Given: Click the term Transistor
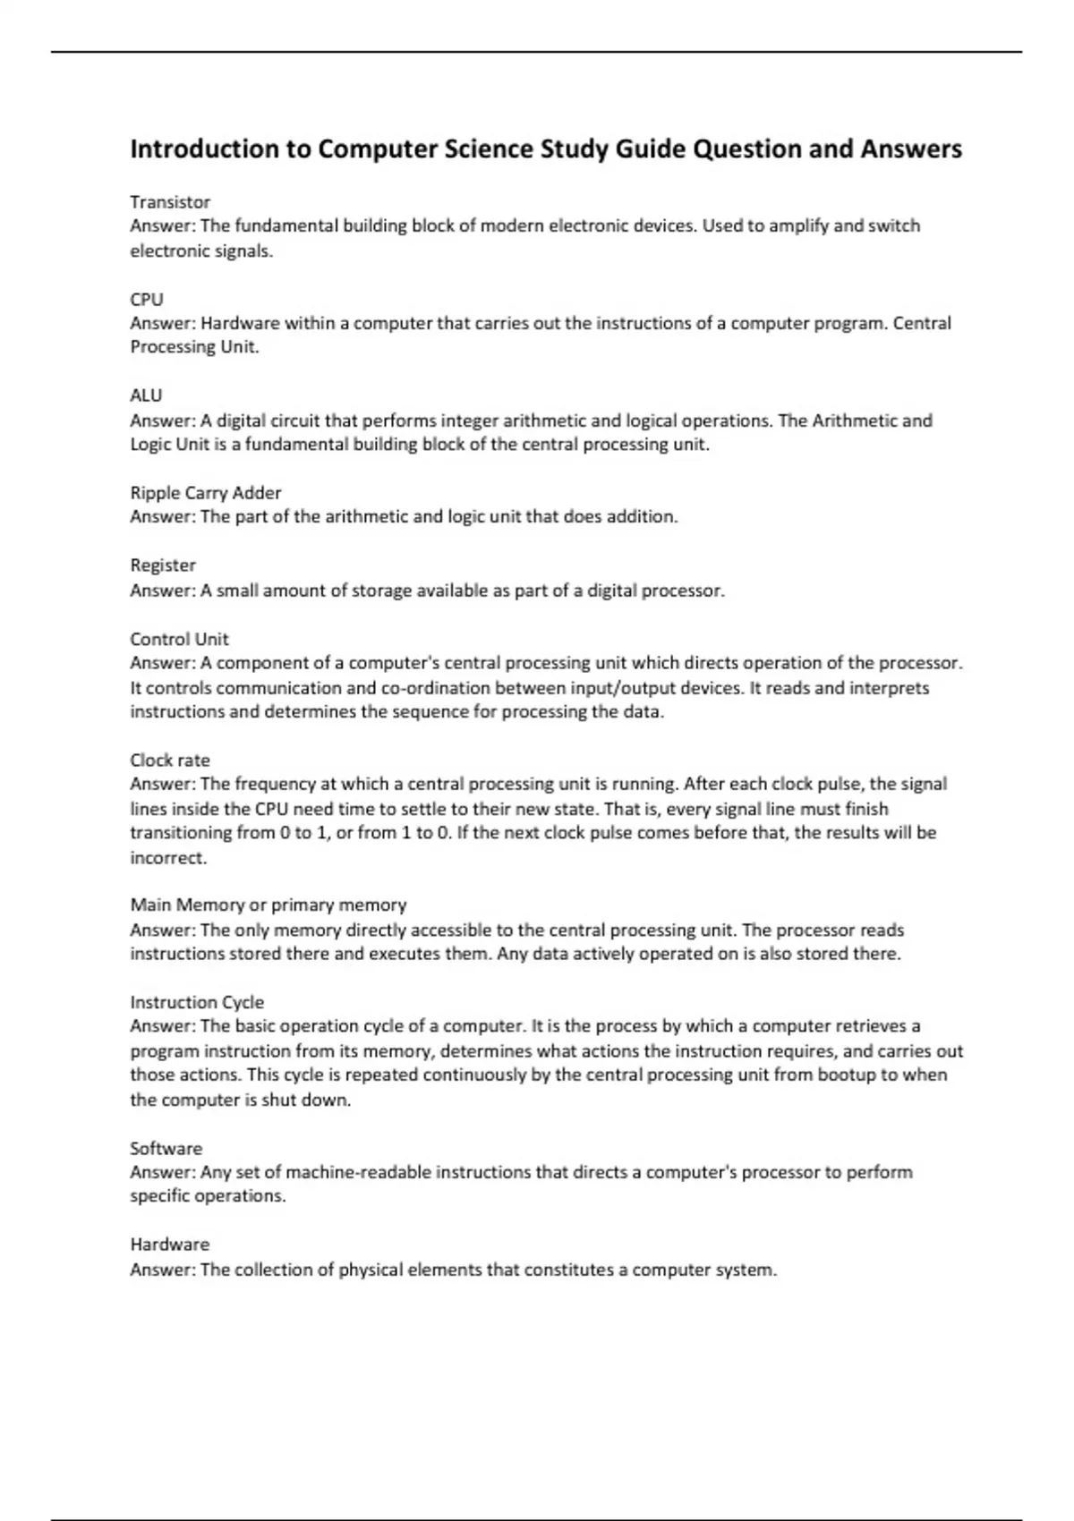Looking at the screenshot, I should pyautogui.click(x=170, y=202).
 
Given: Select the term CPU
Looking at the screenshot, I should pyautogui.click(x=147, y=299).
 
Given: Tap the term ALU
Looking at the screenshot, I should pyautogui.click(x=146, y=395).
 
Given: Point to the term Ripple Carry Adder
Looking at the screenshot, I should pyautogui.click(x=206, y=493).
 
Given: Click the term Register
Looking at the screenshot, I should pyautogui.click(x=163, y=565).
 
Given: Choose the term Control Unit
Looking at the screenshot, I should pyautogui.click(x=179, y=639).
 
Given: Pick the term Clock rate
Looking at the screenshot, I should pyautogui.click(x=170, y=760).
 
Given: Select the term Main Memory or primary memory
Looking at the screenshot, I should pyautogui.click(x=268, y=905).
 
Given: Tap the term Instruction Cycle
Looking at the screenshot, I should pyautogui.click(x=197, y=1002).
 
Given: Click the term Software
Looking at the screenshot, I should pyautogui.click(x=166, y=1148).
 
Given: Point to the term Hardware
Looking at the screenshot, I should pyautogui.click(x=170, y=1245).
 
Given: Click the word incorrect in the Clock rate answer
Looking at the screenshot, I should pyautogui.click(x=168, y=858).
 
